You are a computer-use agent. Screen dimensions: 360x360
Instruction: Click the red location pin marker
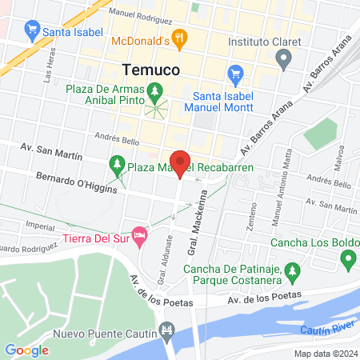(181, 163)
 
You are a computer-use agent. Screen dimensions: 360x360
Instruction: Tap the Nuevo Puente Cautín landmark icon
(166, 330)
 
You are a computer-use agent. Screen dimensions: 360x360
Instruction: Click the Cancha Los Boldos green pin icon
(347, 259)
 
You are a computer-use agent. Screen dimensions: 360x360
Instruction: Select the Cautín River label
(327, 330)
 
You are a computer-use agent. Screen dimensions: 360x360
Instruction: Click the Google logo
(26, 350)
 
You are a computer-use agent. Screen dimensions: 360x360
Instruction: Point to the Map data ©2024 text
(325, 353)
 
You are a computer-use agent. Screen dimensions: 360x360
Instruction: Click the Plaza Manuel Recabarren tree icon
(117, 166)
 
